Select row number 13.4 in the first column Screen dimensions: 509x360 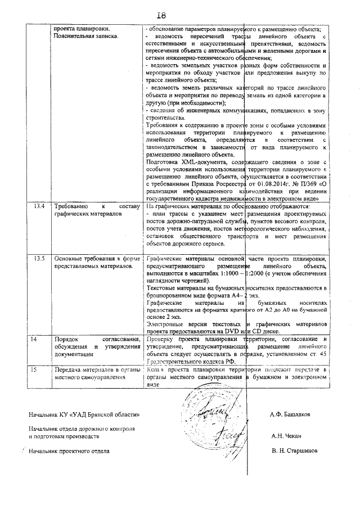coord(39,206)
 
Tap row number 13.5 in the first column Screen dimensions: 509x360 coord(39,258)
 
